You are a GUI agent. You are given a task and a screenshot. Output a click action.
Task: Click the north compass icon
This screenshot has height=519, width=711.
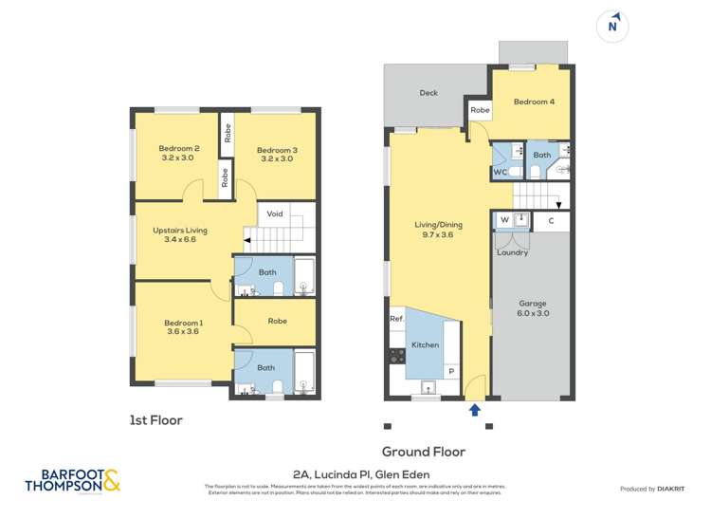[612, 26]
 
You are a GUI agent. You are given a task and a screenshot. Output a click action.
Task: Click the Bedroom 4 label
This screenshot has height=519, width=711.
[534, 102]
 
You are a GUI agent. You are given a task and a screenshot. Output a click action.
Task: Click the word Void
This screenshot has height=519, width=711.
[275, 213]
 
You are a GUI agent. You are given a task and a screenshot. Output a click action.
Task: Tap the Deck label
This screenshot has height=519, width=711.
[428, 93]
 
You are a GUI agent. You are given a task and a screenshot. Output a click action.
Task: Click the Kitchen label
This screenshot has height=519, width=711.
[426, 344]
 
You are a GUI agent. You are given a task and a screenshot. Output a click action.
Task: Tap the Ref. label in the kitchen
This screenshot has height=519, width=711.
[397, 319]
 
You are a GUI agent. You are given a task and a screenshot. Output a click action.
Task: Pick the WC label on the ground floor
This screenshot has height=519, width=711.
[500, 172]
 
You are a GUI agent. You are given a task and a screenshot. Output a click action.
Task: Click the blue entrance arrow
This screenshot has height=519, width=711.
[475, 410]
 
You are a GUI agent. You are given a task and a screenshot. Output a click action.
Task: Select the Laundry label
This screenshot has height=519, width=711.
[512, 252]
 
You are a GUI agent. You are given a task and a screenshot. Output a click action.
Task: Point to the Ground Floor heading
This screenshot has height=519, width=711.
[423, 452]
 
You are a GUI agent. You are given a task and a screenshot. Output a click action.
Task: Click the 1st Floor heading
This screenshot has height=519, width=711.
[155, 419]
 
